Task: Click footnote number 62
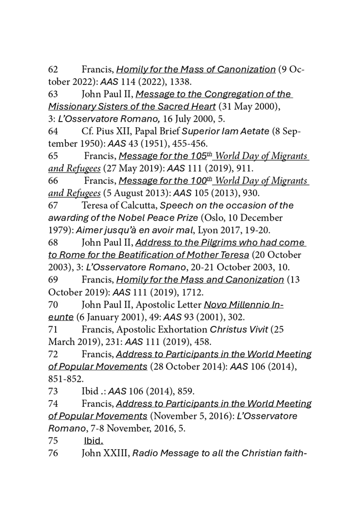tap(54, 69)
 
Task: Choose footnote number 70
tap(54, 305)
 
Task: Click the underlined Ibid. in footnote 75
tap(93, 440)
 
